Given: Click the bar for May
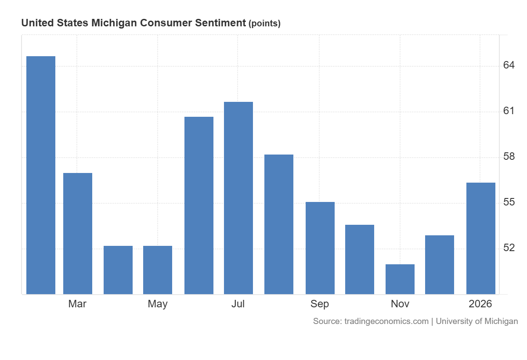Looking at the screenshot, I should point(158,270).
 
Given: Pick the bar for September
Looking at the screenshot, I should point(320,248).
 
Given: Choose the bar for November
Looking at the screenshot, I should point(400,279).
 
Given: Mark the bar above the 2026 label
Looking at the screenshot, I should point(481,238).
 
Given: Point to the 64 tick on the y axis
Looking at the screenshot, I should point(509,65).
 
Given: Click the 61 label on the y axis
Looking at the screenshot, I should point(509,111).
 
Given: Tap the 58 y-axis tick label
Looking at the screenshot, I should point(509,157).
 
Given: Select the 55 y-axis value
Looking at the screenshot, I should point(509,202).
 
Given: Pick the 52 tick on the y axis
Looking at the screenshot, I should point(509,248).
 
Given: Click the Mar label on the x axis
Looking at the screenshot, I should point(77,304).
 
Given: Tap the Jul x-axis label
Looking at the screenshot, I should point(238,304).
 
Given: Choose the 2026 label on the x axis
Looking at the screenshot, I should point(480,304).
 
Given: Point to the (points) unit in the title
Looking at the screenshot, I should point(264,24).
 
